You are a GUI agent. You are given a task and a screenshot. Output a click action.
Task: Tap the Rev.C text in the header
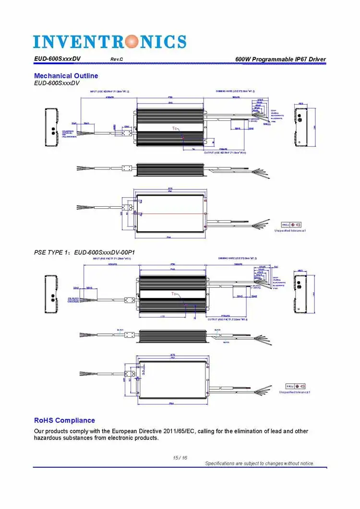pyautogui.click(x=117, y=59)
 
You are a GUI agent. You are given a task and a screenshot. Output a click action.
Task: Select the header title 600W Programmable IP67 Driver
pyautogui.click(x=280, y=59)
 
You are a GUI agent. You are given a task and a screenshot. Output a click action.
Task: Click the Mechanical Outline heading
pyautogui.click(x=66, y=76)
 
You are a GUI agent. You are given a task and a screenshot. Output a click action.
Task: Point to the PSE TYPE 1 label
pyautogui.click(x=52, y=252)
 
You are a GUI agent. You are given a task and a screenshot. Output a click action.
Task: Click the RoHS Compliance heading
pyautogui.click(x=64, y=420)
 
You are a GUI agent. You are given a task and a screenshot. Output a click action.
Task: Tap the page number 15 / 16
pyautogui.click(x=180, y=458)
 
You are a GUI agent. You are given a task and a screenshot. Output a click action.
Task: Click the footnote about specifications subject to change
pyautogui.click(x=260, y=463)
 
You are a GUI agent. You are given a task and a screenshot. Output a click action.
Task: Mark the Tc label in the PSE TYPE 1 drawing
pyautogui.click(x=174, y=293)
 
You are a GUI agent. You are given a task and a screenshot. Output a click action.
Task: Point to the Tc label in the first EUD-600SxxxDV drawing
pyautogui.click(x=175, y=129)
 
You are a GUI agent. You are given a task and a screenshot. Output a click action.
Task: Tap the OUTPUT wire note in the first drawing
pyautogui.click(x=225, y=153)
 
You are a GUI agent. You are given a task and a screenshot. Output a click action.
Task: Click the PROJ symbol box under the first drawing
pyautogui.click(x=291, y=225)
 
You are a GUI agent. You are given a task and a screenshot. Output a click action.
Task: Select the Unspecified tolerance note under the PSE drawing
pyautogui.click(x=294, y=392)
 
